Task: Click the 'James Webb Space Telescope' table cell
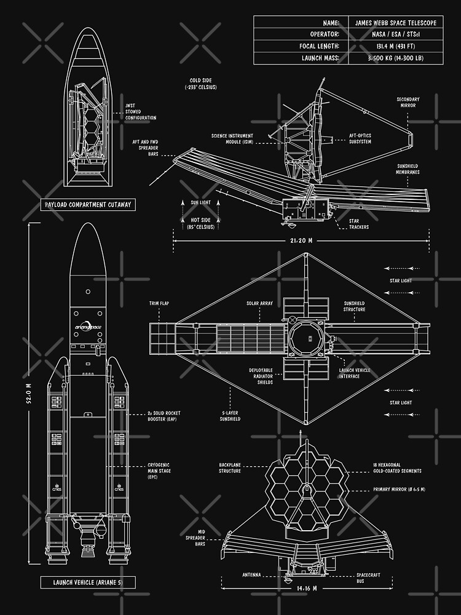pyautogui.click(x=396, y=22)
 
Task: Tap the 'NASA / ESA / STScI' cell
pyautogui.click(x=396, y=34)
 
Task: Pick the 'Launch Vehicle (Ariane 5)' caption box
pyautogui.click(x=88, y=582)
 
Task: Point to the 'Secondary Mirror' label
pyautogui.click(x=408, y=102)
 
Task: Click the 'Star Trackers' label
pyautogui.click(x=359, y=224)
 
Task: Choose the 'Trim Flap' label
pyautogui.click(x=159, y=303)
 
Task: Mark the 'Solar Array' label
pyautogui.click(x=261, y=303)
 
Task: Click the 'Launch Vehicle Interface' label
pyautogui.click(x=355, y=373)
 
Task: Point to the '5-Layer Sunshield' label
pyautogui.click(x=231, y=416)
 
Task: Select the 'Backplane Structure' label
pyautogui.click(x=230, y=468)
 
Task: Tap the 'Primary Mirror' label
pyautogui.click(x=399, y=489)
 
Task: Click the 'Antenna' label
pyautogui.click(x=251, y=575)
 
